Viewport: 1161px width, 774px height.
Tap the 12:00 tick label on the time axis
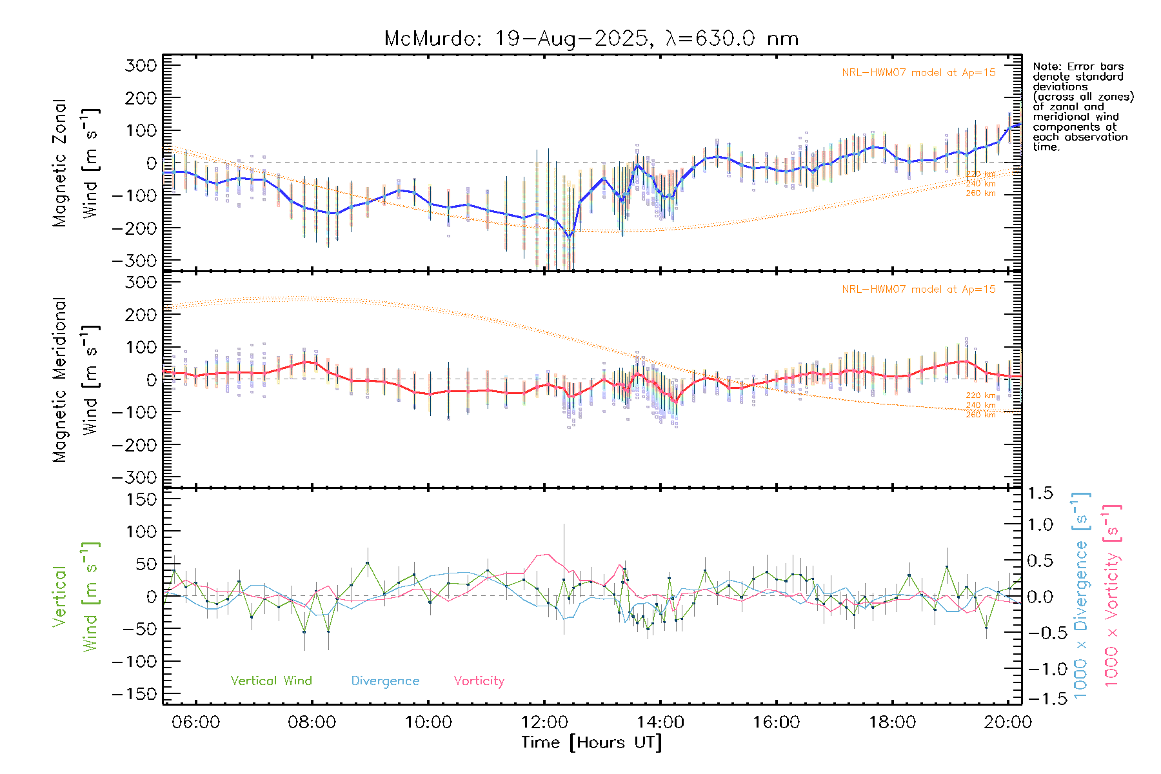pos(544,722)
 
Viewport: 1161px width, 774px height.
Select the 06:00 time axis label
pos(195,722)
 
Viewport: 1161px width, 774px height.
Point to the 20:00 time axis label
pos(1007,722)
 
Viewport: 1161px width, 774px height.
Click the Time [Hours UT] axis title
pos(591,742)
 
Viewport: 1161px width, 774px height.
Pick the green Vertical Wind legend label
pos(271,681)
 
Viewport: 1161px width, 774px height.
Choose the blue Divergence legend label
pos(385,681)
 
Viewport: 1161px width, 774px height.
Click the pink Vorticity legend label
pos(479,681)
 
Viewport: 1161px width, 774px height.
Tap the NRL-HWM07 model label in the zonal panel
pos(918,73)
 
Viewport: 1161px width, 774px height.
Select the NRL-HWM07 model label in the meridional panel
pos(918,290)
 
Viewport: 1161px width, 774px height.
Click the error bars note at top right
pos(1082,106)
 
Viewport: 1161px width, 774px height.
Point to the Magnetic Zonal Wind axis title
pos(76,163)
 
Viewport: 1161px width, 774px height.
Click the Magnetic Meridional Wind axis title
pos(76,380)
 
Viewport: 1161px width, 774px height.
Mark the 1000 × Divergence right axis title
pos(1080,597)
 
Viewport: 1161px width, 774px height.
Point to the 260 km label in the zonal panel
pos(980,193)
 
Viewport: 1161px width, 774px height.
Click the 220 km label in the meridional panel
pos(980,395)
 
